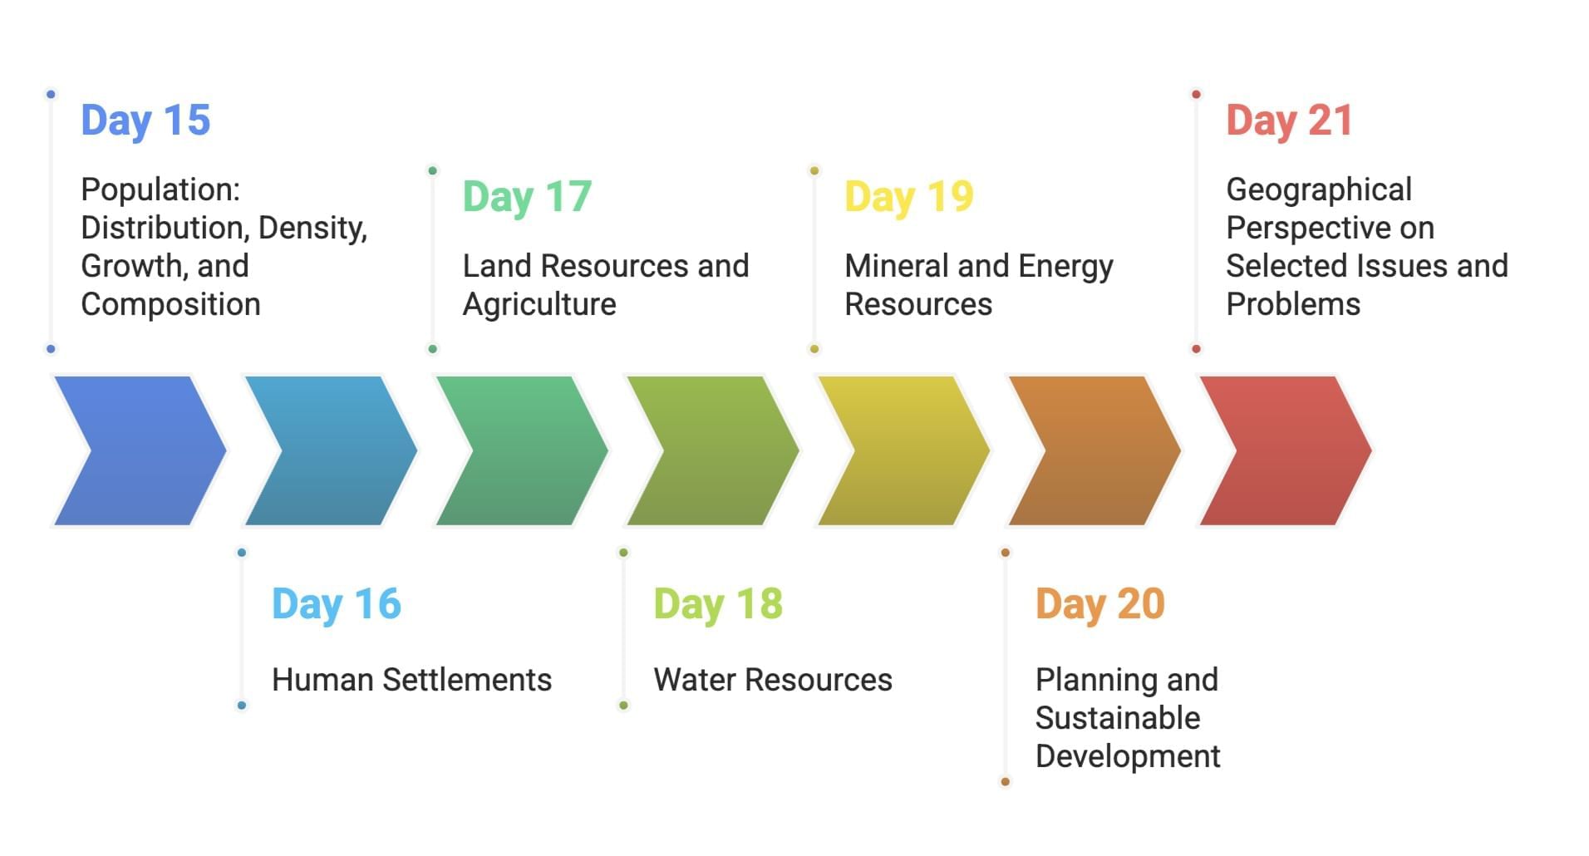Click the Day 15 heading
click(x=145, y=121)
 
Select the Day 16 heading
click(x=337, y=604)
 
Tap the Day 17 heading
click(x=527, y=197)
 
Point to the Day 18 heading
click(x=718, y=604)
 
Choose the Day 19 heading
click(x=909, y=197)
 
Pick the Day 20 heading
click(x=1100, y=604)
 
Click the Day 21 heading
click(x=1290, y=121)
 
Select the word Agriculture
click(x=539, y=305)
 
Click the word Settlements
click(x=467, y=680)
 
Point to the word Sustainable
click(x=1118, y=718)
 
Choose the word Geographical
click(x=1319, y=190)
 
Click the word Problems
click(x=1293, y=304)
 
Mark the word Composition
click(x=170, y=305)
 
